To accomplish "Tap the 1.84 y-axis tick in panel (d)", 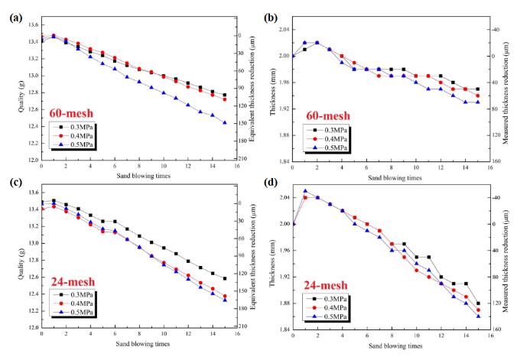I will pos(281,330).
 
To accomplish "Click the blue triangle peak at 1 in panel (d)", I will pos(305,191).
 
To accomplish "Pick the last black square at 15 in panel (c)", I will pos(225,278).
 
